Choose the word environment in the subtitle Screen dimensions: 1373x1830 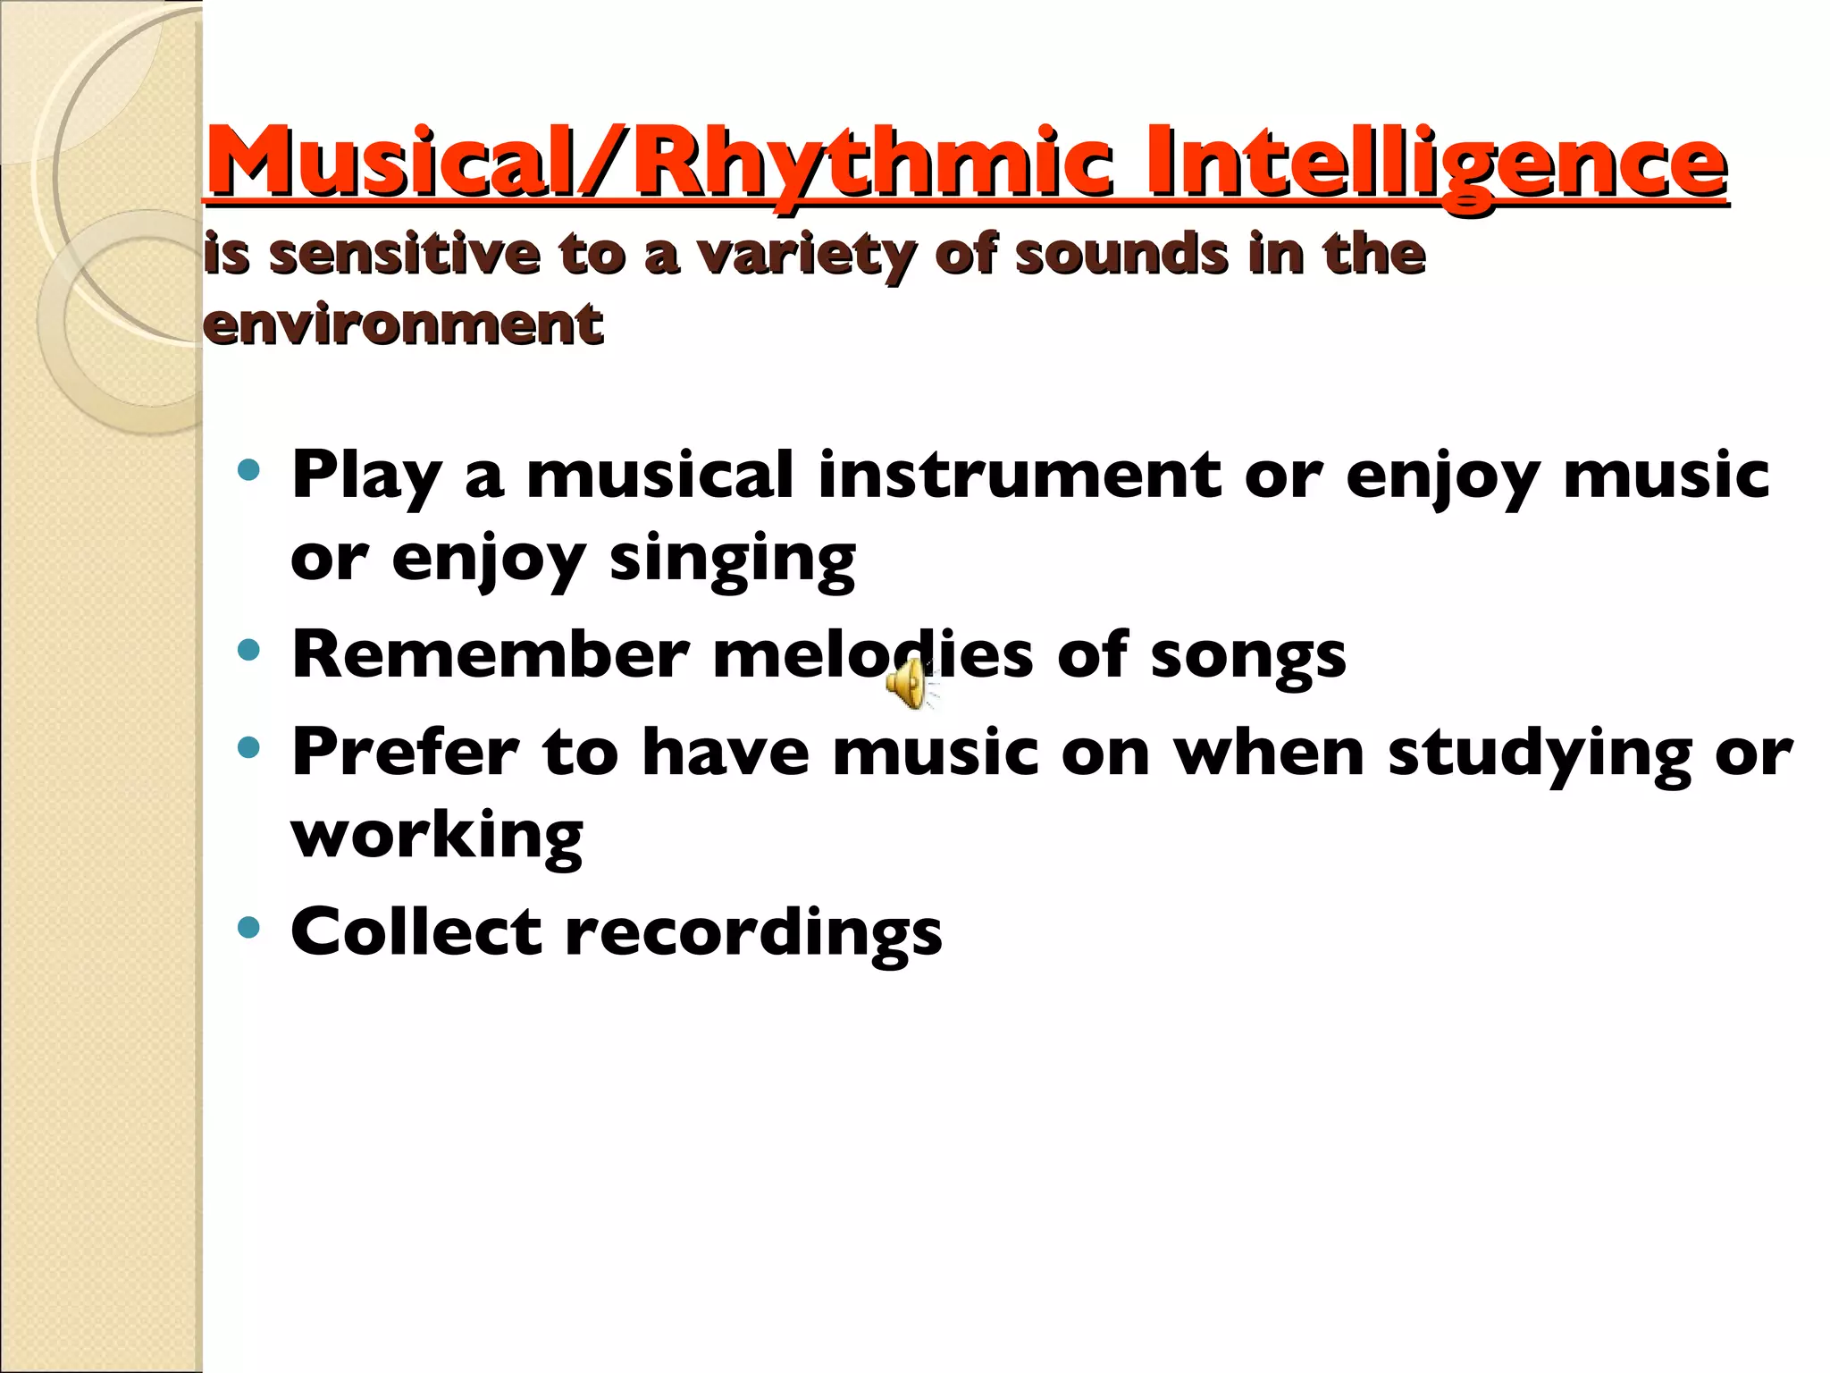click(403, 324)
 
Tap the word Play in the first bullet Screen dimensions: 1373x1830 click(366, 476)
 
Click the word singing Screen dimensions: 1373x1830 click(732, 560)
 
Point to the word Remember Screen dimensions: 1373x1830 click(491, 654)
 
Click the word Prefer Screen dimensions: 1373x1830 click(405, 752)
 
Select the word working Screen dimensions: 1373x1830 click(437, 837)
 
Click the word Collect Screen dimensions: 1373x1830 click(416, 931)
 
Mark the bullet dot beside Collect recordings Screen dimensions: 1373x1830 click(249, 927)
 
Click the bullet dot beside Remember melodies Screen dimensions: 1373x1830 click(249, 650)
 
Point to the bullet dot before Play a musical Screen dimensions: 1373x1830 click(249, 469)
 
